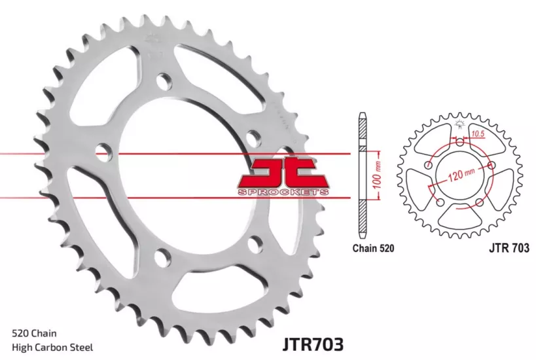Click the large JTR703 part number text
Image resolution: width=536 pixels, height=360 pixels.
(x=313, y=343)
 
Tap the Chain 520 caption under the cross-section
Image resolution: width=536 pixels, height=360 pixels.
(x=373, y=248)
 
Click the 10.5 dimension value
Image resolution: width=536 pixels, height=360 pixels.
(x=478, y=134)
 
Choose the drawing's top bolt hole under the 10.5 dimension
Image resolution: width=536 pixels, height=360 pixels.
(x=459, y=143)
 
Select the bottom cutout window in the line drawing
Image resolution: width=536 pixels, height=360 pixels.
(x=460, y=216)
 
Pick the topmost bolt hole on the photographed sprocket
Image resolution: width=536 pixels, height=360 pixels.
(x=164, y=83)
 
